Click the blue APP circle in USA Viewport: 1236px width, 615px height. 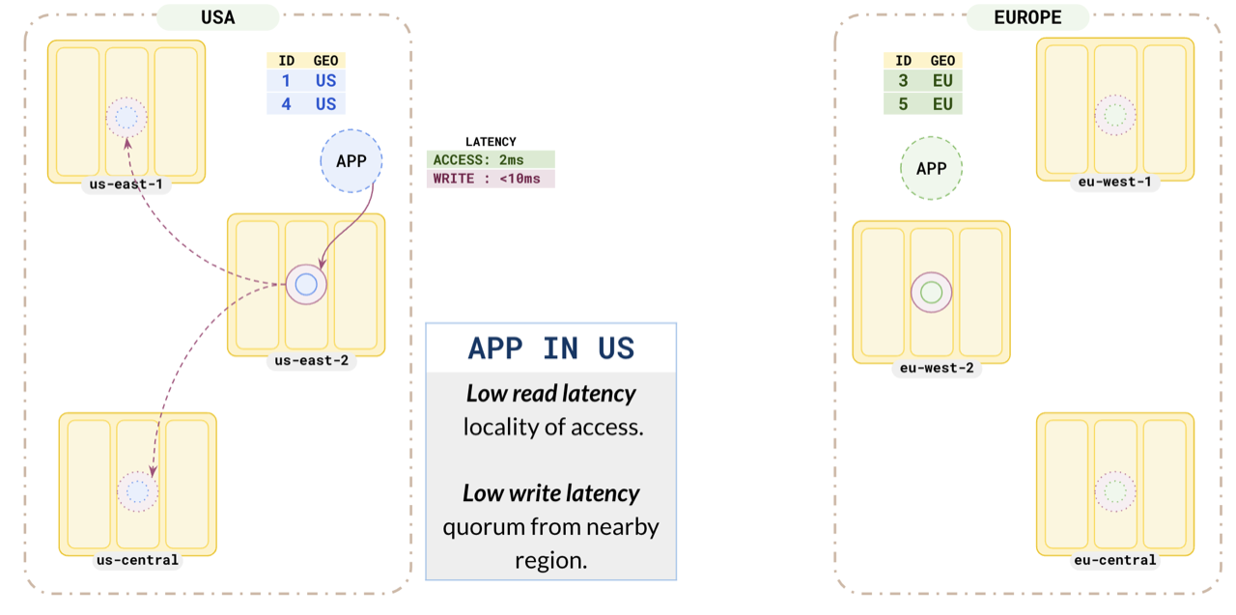351,161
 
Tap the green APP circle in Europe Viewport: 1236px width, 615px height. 931,169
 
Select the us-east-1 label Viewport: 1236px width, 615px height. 126,184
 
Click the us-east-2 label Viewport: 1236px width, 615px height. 306,361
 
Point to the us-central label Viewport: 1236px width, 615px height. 137,560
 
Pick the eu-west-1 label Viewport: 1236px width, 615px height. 1115,182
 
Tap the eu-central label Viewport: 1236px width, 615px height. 1115,560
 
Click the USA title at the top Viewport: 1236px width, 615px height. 217,17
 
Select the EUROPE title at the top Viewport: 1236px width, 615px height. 1027,17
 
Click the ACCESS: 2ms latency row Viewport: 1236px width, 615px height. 491,160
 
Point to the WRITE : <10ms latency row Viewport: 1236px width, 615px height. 491,179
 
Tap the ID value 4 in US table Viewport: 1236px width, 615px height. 286,103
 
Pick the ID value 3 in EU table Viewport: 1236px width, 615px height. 903,81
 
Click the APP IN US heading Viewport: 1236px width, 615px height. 551,349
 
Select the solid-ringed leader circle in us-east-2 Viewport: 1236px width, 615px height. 306,285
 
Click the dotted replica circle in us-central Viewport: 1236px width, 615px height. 138,492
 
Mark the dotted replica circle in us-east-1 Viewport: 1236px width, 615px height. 126,118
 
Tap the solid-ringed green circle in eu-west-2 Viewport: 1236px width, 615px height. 932,293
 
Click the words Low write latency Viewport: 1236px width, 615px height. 551,493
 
